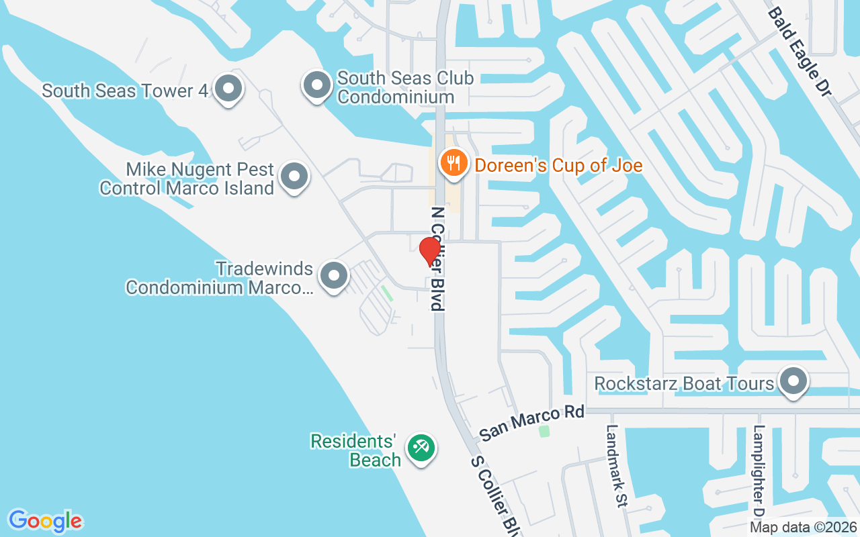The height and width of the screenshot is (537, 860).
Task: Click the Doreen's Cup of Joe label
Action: click(559, 165)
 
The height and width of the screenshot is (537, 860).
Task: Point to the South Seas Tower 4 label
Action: click(126, 91)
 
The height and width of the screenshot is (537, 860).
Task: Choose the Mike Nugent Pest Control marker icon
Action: click(294, 177)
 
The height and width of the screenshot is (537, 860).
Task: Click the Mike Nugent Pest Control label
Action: click(187, 179)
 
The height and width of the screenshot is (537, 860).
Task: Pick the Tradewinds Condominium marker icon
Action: click(333, 276)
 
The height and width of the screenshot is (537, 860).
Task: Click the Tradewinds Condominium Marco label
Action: click(219, 278)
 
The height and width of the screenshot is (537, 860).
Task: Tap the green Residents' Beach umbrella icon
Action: click(422, 446)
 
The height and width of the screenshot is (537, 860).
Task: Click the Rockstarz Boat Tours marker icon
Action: click(793, 381)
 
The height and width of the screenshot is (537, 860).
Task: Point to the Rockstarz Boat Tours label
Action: click(685, 383)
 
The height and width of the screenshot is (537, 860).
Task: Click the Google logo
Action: click(46, 521)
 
